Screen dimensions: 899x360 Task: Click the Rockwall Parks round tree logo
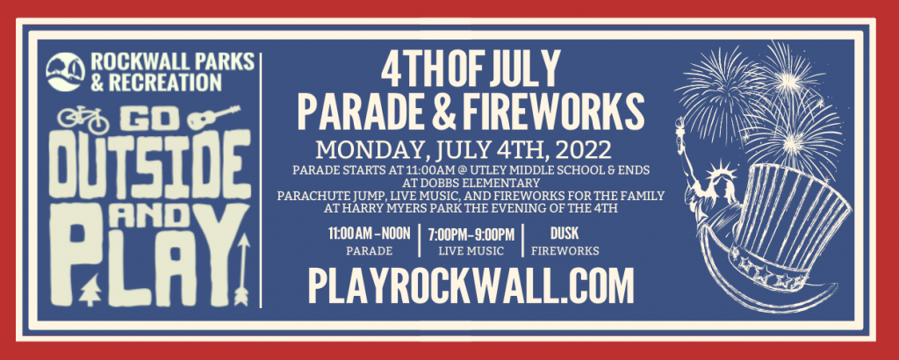pyautogui.click(x=65, y=72)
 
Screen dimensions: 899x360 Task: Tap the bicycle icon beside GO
pyautogui.click(x=83, y=119)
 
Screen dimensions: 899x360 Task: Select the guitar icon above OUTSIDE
pyautogui.click(x=213, y=118)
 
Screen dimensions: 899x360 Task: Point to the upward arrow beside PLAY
pyautogui.click(x=242, y=270)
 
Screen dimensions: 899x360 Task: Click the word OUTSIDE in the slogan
pyautogui.click(x=149, y=164)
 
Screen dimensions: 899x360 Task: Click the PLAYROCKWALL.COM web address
pyautogui.click(x=471, y=284)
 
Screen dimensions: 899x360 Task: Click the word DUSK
pyautogui.click(x=565, y=234)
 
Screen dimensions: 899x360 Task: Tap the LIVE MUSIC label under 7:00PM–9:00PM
pyautogui.click(x=471, y=250)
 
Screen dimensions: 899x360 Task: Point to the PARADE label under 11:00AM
pyautogui.click(x=370, y=250)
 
